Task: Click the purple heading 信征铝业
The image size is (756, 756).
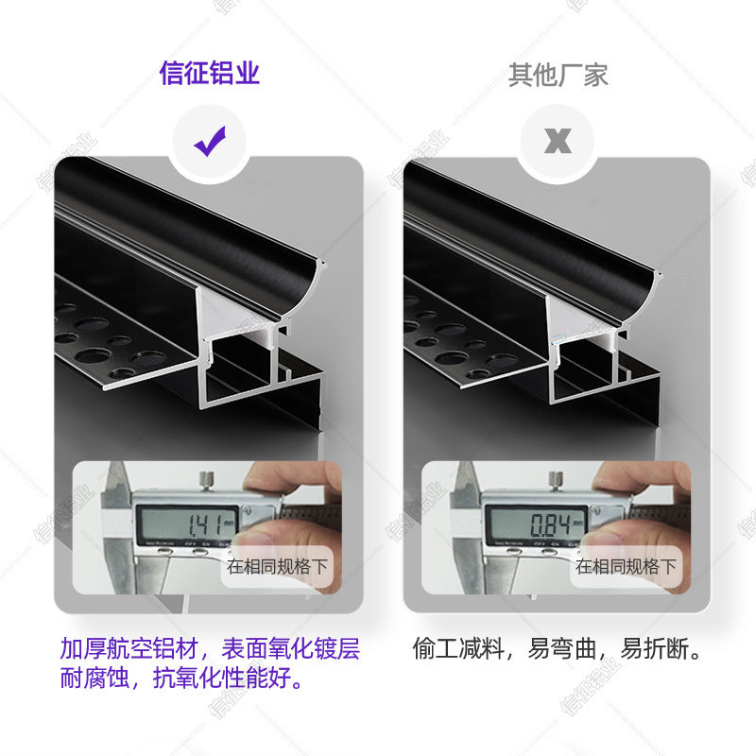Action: [209, 73]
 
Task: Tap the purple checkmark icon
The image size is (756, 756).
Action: [209, 142]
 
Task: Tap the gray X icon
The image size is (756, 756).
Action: [558, 142]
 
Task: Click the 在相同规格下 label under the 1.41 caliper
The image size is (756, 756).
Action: [278, 567]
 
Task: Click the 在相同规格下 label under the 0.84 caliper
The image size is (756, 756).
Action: [627, 567]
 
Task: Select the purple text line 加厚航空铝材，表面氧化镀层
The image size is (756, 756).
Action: [209, 649]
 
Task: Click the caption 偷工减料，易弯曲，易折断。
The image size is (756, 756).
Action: [558, 649]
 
